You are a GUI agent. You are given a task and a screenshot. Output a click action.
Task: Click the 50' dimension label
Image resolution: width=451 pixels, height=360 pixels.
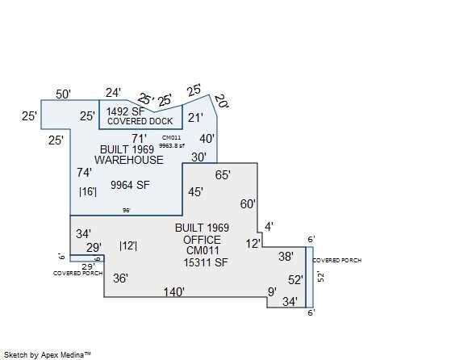pyautogui.click(x=64, y=94)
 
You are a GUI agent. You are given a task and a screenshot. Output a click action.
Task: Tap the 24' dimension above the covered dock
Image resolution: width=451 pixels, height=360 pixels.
pyautogui.click(x=113, y=93)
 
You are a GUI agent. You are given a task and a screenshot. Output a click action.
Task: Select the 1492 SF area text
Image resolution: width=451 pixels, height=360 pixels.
pyautogui.click(x=124, y=111)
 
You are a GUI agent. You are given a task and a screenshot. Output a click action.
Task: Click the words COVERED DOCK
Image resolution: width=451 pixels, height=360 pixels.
pyautogui.click(x=135, y=121)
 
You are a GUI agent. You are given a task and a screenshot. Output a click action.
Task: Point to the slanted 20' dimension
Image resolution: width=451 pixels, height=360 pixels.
pyautogui.click(x=220, y=103)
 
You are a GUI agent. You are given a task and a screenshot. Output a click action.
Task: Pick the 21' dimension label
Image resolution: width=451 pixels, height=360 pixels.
pyautogui.click(x=196, y=118)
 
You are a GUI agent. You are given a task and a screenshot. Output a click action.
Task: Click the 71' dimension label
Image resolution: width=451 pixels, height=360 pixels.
pyautogui.click(x=140, y=138)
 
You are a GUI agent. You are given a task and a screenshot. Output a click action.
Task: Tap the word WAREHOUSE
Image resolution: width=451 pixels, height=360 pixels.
pyautogui.click(x=129, y=160)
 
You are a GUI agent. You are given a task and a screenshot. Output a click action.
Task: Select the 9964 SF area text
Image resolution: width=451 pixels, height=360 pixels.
pyautogui.click(x=131, y=185)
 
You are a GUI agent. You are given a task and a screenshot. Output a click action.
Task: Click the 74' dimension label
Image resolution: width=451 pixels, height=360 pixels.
pyautogui.click(x=84, y=173)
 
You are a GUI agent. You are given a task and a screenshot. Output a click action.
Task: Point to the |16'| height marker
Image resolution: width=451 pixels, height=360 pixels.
pyautogui.click(x=88, y=192)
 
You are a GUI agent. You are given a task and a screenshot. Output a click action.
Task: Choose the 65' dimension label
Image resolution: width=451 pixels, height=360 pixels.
pyautogui.click(x=223, y=174)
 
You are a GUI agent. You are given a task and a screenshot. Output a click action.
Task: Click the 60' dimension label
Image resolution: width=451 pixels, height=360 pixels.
pyautogui.click(x=248, y=204)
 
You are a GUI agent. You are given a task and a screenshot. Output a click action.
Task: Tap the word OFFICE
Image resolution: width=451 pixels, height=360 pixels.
pyautogui.click(x=202, y=240)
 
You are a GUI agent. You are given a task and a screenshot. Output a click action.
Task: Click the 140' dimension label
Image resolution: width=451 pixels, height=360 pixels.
pyautogui.click(x=174, y=292)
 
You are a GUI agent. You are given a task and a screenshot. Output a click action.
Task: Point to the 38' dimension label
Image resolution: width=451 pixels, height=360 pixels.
pyautogui.click(x=286, y=257)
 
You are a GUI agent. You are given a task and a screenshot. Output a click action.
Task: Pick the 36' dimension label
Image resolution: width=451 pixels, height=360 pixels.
pyautogui.click(x=120, y=278)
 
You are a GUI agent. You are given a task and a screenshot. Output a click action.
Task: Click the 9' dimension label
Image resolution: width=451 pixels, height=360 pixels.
pyautogui.click(x=272, y=292)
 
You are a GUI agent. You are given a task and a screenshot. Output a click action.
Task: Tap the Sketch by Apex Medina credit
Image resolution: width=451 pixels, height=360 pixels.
pyautogui.click(x=48, y=354)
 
